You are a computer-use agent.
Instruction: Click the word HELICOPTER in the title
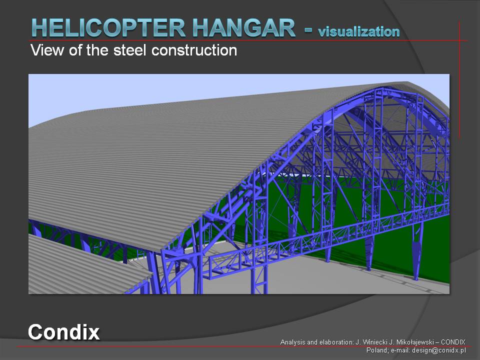pos(108,28)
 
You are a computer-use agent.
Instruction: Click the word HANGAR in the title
pos(244,28)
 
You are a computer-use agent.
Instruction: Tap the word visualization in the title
pos(359,31)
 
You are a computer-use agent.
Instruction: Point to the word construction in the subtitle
pos(194,50)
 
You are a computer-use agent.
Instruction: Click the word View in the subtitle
pos(47,50)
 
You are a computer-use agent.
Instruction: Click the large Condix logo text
pos(63,332)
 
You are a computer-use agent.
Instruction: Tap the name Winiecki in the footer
pos(375,342)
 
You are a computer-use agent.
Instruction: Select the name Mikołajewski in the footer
pos(414,342)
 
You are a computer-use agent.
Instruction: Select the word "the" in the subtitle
pos(97,50)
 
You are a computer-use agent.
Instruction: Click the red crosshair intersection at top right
pos(459,40)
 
